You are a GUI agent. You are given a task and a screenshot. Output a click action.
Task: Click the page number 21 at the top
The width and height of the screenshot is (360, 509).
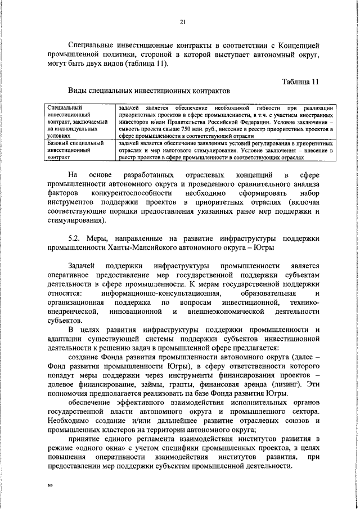pos(182,22)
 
